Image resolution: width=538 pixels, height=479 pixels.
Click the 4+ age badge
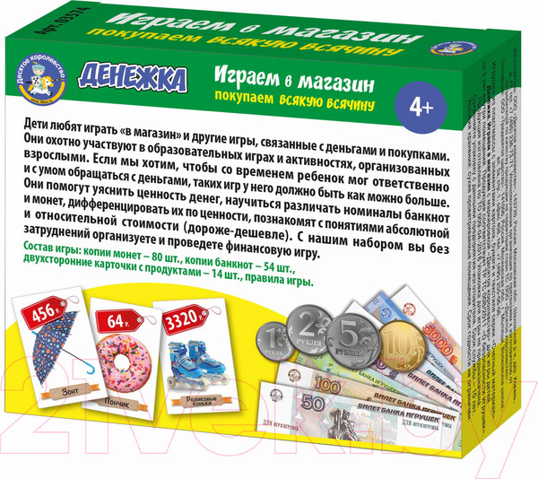417,108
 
